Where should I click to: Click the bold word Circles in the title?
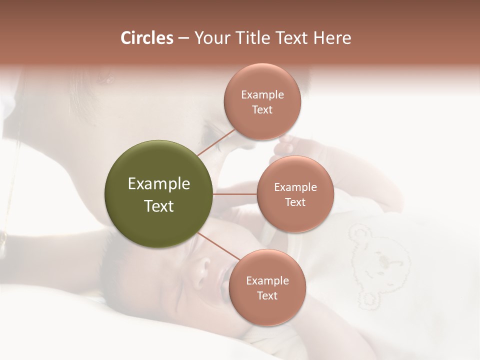pyautogui.click(x=147, y=38)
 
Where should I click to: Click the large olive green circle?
pyautogui.click(x=158, y=194)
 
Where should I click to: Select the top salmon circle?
pyautogui.click(x=262, y=101)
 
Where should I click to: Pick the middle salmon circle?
pyautogui.click(x=295, y=194)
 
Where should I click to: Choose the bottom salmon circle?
pyautogui.click(x=267, y=287)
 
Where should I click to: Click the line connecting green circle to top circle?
pyautogui.click(x=216, y=142)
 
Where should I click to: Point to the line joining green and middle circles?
pyautogui.click(x=235, y=194)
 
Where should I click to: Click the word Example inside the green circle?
pyautogui.click(x=158, y=184)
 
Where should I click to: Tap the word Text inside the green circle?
pyautogui.click(x=158, y=206)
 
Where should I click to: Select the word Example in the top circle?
pyautogui.click(x=262, y=94)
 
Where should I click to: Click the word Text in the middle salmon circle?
pyautogui.click(x=295, y=202)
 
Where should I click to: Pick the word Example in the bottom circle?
pyautogui.click(x=267, y=280)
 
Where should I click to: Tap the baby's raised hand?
pyautogui.click(x=295, y=147)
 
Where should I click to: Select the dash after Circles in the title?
pyautogui.click(x=183, y=38)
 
